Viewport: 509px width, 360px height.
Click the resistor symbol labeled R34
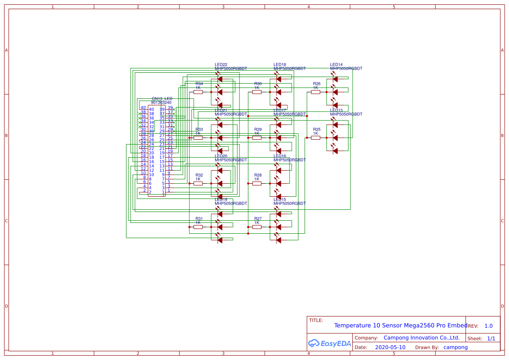pos(198,92)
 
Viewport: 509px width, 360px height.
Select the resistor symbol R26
pos(316,92)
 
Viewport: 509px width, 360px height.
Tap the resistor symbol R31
pos(198,227)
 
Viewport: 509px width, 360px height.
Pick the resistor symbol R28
pos(257,183)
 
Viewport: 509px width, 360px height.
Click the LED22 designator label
pos(221,64)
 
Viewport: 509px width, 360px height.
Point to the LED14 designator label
pos(336,64)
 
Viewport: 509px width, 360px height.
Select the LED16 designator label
pos(280,156)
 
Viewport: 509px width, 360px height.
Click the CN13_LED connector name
pos(162,99)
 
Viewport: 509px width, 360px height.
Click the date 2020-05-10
pos(390,347)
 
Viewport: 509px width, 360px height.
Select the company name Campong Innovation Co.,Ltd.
pos(421,338)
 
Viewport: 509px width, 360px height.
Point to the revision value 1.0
pos(489,326)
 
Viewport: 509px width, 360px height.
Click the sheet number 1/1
pos(491,338)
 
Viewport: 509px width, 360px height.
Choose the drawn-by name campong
pos(455,347)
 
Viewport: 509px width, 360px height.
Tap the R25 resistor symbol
pos(316,138)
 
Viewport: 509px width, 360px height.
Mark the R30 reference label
pos(258,84)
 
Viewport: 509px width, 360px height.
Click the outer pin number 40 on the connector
pos(143,108)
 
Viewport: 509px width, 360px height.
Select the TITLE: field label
pos(316,320)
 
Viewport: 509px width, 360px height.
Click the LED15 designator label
pos(280,199)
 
